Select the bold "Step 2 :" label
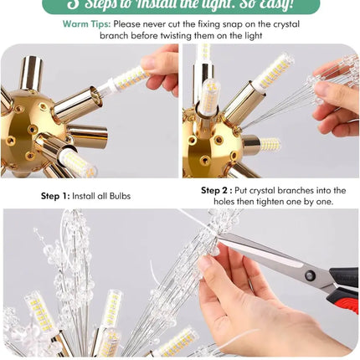point(217,190)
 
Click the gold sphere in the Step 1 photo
point(33,134)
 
